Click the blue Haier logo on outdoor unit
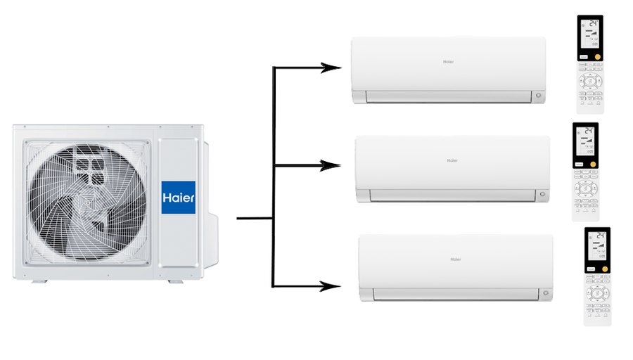pos(179,198)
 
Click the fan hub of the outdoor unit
pos(88,202)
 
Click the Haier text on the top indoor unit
pos(448,62)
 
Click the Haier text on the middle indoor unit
pos(452,160)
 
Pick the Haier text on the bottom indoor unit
pos(456,259)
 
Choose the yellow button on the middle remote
pos(593,163)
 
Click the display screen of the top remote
pos(590,34)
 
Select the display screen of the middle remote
pos(586,141)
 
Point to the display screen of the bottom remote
pos(597,245)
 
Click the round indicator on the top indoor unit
pos(538,96)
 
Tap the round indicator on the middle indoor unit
pos(542,194)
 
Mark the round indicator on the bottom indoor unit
pos(545,293)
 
